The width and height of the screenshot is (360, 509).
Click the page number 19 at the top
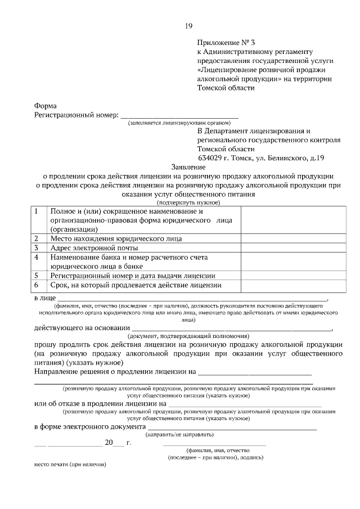tap(189, 26)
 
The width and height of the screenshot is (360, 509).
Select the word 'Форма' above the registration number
tap(45, 106)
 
